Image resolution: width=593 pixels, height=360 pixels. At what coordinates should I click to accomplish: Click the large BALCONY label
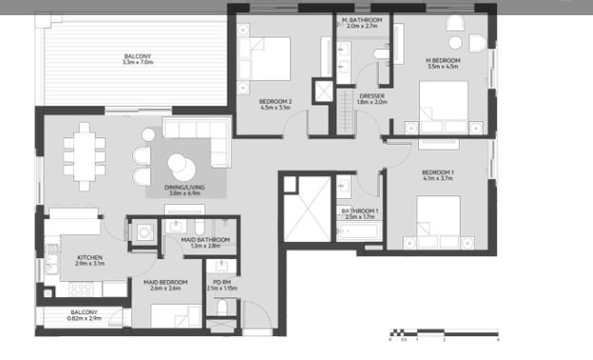137,56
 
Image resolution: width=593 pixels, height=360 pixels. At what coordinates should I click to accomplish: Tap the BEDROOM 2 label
275,101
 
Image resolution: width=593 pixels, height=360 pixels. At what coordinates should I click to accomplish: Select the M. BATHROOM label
363,20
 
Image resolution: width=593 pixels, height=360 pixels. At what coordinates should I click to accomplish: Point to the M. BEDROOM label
444,60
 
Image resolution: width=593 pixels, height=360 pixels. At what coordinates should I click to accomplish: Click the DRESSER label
372,95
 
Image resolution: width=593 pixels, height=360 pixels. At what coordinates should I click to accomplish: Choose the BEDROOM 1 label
439,171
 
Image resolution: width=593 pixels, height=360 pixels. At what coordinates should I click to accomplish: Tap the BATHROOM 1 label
361,210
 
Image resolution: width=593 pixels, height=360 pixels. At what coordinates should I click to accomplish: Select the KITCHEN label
89,256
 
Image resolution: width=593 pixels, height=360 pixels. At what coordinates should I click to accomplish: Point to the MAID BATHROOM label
206,239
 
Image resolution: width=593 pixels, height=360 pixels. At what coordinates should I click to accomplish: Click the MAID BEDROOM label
166,282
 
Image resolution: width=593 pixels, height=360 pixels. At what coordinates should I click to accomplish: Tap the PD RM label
222,282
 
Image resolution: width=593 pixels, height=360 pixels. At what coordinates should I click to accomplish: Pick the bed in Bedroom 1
440,218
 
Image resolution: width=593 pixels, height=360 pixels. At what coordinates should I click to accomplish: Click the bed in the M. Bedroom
444,105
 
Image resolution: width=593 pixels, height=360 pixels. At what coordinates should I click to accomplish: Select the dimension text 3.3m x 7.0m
137,63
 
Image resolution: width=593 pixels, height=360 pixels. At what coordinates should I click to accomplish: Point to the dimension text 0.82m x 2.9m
84,318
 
